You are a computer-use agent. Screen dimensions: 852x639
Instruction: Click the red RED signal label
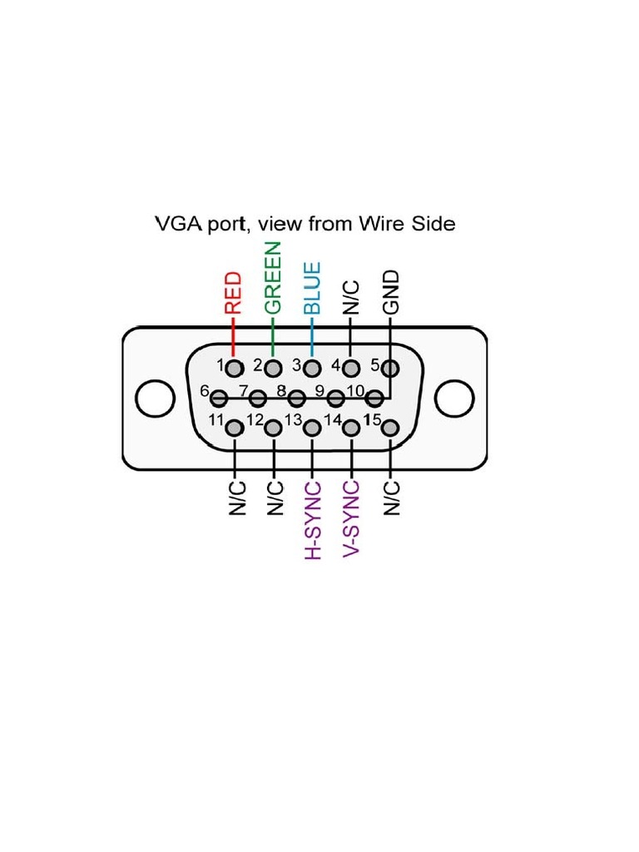click(234, 292)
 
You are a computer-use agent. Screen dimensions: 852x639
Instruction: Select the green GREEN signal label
click(273, 277)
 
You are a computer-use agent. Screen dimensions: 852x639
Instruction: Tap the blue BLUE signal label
click(312, 288)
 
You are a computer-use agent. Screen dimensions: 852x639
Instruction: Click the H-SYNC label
click(313, 519)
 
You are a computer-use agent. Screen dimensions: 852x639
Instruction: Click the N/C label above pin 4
click(351, 297)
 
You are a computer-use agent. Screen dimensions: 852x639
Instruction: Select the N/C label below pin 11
click(235, 498)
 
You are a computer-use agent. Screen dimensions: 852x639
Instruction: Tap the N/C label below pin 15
click(391, 498)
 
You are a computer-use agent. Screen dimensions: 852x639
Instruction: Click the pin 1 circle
click(235, 367)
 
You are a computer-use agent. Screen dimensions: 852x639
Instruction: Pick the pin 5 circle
click(390, 367)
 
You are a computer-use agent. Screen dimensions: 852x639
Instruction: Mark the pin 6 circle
click(219, 398)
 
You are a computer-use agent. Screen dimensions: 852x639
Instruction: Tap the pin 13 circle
click(312, 428)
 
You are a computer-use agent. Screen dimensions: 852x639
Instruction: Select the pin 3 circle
click(312, 367)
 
